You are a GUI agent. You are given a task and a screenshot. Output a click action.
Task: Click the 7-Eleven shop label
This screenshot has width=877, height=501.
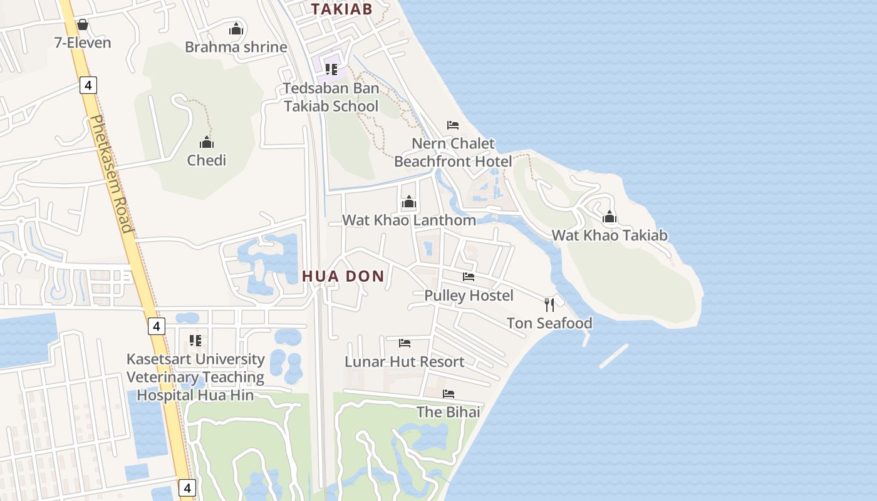(x=83, y=43)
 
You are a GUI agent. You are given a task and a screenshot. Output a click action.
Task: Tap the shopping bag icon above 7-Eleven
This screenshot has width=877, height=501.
(x=82, y=25)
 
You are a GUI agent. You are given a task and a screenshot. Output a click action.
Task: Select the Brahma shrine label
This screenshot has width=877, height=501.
(x=236, y=47)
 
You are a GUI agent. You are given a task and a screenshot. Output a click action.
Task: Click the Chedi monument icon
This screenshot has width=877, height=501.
(x=207, y=142)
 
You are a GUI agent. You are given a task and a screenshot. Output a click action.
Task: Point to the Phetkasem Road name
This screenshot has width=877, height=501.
(x=112, y=173)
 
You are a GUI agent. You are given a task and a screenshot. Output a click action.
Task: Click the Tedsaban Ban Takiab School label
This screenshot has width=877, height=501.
(x=331, y=97)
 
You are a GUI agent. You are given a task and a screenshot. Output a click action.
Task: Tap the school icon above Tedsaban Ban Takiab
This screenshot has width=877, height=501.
(x=331, y=69)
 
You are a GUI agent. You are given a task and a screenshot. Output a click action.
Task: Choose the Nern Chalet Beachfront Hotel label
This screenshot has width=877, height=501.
(x=453, y=152)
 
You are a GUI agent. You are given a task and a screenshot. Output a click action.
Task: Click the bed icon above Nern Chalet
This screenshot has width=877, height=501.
(x=453, y=125)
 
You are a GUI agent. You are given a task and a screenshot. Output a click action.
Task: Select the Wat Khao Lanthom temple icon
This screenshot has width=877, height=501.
(x=409, y=202)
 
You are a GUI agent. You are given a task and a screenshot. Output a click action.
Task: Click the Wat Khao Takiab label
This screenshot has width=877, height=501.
(x=610, y=235)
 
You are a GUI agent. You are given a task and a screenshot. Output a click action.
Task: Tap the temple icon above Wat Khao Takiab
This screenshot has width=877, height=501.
(x=610, y=217)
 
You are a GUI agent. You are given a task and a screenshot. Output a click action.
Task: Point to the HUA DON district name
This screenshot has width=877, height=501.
(x=343, y=276)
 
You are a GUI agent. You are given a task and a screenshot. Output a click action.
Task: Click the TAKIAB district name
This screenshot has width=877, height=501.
(x=342, y=9)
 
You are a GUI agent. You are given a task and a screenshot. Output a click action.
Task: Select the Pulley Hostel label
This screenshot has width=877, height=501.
(x=469, y=296)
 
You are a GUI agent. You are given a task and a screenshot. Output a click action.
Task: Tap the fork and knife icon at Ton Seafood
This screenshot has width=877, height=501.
(x=549, y=305)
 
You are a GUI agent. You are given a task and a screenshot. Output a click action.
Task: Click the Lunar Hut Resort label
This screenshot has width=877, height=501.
(x=405, y=362)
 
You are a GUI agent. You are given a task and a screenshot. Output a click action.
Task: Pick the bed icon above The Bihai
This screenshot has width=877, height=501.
(x=449, y=394)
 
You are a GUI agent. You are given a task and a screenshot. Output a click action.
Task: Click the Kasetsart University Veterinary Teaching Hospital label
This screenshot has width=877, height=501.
(x=195, y=377)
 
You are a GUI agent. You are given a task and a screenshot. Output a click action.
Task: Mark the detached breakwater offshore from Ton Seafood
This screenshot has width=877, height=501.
(x=614, y=356)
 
